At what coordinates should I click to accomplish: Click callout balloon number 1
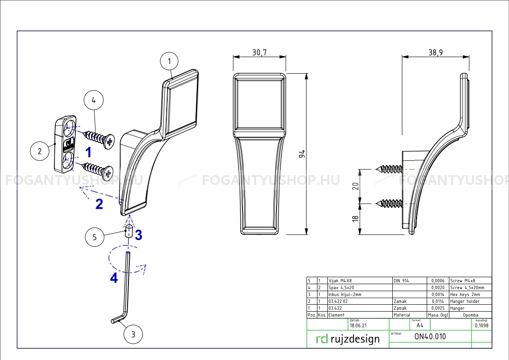coord(169,61)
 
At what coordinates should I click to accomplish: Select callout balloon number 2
coord(40,151)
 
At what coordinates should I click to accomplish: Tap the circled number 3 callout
coord(133,334)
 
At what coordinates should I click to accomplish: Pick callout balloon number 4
coord(93,100)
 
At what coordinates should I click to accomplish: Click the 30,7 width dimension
coord(259,52)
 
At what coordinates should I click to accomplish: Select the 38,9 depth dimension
coord(435,52)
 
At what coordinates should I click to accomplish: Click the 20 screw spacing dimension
coord(355,186)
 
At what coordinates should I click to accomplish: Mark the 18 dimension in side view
coord(355,219)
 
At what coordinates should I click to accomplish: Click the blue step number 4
coord(114,278)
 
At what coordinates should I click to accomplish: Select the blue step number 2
coord(99,204)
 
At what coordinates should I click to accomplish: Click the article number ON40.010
coord(430,336)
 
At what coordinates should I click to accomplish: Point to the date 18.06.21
coord(358,325)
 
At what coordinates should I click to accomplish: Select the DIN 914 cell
coord(401,281)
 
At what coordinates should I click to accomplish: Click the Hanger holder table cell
coord(465,301)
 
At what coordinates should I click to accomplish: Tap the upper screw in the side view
coord(388,169)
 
